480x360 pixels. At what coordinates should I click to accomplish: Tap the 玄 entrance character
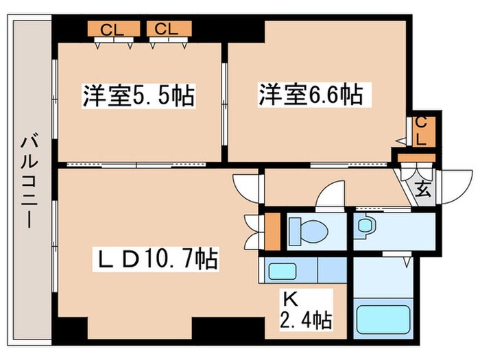tap(422, 189)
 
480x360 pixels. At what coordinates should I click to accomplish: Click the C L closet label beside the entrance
tap(420, 130)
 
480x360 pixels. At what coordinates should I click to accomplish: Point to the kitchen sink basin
tap(282, 270)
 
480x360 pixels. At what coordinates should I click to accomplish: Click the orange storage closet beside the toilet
tap(272, 232)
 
